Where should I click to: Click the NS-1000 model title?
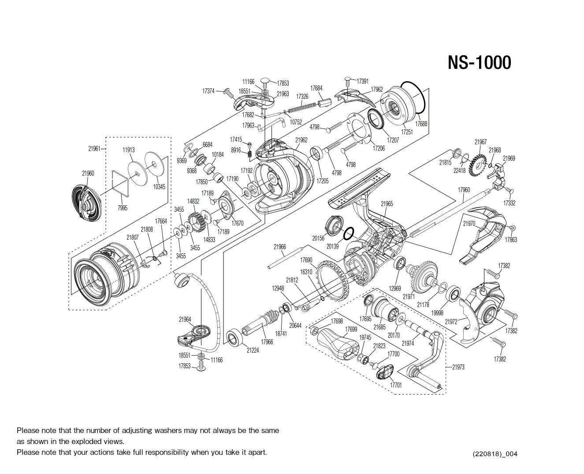(x=479, y=63)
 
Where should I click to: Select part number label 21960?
(x=88, y=173)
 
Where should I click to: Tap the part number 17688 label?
(x=421, y=124)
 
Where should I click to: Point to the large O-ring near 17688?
(x=413, y=98)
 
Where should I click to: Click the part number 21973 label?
(x=458, y=367)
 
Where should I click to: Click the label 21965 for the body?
(x=387, y=203)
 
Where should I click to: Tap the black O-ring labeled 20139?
(x=349, y=233)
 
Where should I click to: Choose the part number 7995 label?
(x=123, y=208)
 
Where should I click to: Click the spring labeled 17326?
(x=302, y=107)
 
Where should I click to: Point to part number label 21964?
(x=185, y=320)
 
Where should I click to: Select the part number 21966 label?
(x=279, y=247)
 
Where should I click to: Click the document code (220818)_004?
(x=495, y=454)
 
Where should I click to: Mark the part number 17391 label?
(x=362, y=81)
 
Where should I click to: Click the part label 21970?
(x=469, y=224)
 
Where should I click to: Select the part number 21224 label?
(x=253, y=350)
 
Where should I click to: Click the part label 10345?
(x=159, y=187)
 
